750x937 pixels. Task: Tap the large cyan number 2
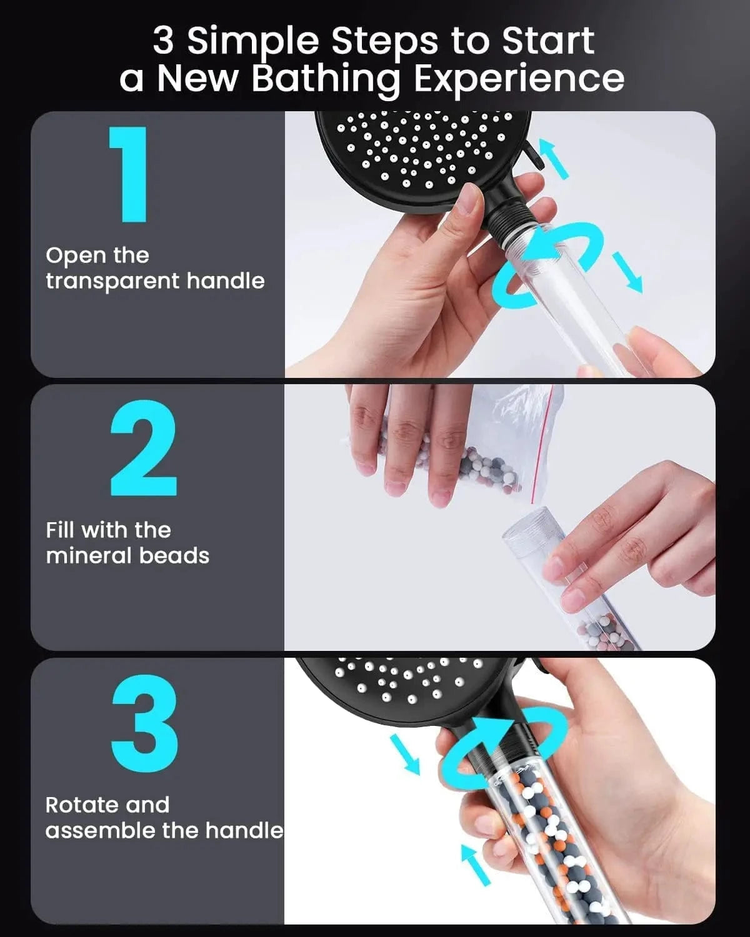(144, 448)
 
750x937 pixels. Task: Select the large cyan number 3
(144, 723)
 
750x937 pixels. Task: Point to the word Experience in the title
(519, 80)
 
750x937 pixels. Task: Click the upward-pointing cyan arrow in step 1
(554, 158)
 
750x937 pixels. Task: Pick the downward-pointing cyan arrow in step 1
(628, 272)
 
